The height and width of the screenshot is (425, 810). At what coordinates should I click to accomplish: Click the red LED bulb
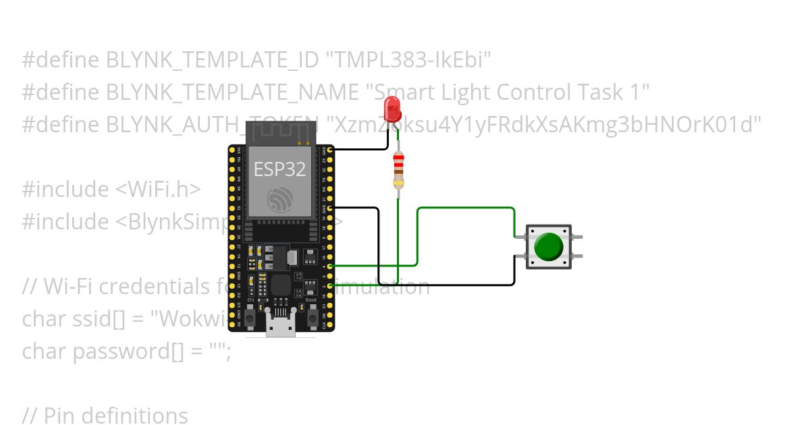pyautogui.click(x=391, y=109)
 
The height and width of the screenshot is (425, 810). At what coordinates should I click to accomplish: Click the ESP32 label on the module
pyautogui.click(x=279, y=169)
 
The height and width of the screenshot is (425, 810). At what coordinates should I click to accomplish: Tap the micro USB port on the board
pyautogui.click(x=281, y=327)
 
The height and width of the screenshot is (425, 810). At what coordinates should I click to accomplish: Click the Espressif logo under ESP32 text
pyautogui.click(x=279, y=200)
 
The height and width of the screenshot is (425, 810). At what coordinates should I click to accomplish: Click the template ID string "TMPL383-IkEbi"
pyautogui.click(x=408, y=61)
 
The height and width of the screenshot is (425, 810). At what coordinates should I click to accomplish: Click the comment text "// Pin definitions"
pyautogui.click(x=105, y=416)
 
